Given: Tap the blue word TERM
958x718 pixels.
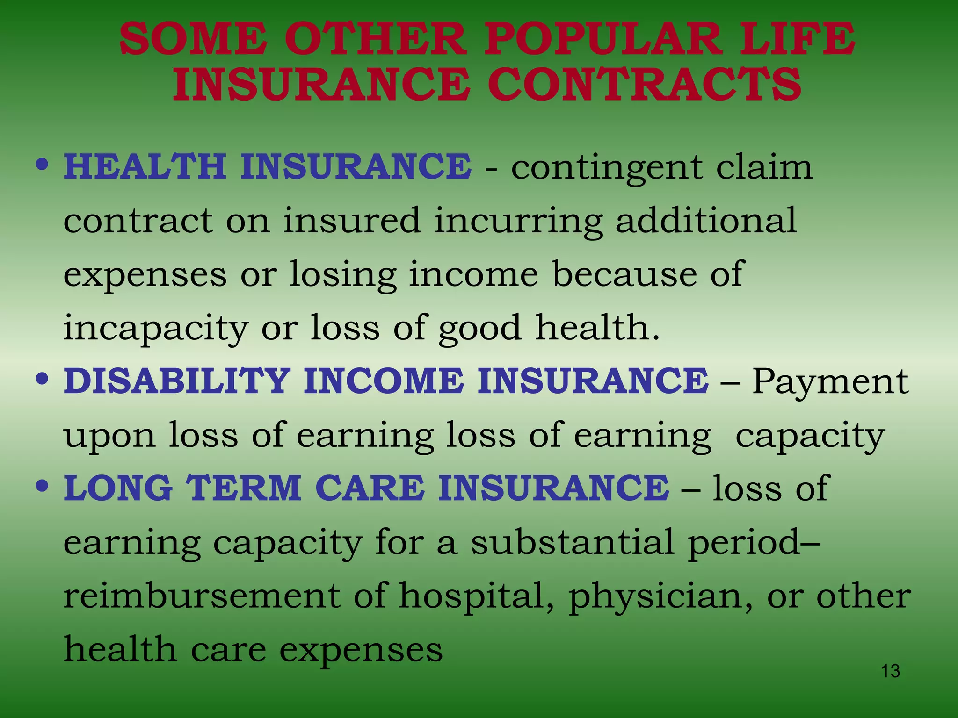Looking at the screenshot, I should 244,488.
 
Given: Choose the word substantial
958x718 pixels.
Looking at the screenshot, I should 572,542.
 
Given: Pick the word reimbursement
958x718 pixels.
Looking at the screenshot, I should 202,596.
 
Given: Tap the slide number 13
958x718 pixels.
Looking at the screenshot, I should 890,671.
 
